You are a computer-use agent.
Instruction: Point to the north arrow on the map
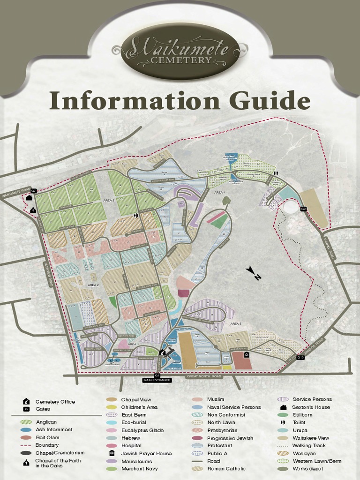pos(254,273)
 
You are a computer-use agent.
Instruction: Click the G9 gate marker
pos(303,209)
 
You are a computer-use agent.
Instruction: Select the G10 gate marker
pos(300,358)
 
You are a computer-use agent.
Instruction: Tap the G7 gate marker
pos(34,191)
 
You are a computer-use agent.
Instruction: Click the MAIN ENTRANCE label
pos(157,380)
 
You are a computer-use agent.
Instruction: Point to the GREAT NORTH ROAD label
pos(203,376)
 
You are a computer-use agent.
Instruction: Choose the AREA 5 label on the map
pos(235,323)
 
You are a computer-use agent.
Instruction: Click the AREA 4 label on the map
pos(220,192)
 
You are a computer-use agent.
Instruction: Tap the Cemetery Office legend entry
pos(55,402)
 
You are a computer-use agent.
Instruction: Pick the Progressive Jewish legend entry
pos(230,438)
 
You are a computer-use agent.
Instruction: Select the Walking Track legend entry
pos(308,446)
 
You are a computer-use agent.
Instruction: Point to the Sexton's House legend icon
pos(283,407)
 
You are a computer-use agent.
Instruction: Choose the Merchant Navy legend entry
pos(139,469)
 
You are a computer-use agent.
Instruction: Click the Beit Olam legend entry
pos(47,437)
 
